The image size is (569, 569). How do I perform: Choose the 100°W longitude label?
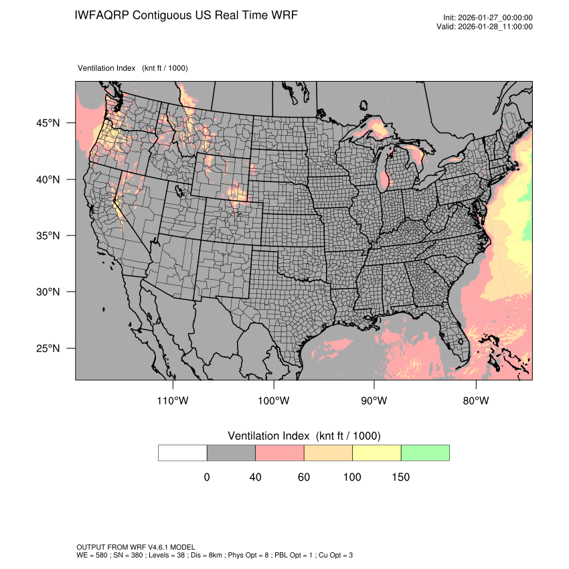coord(274,401)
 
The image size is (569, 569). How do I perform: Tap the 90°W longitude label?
coord(374,401)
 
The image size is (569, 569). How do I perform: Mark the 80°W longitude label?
coord(475,401)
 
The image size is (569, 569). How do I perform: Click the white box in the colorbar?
coord(183,453)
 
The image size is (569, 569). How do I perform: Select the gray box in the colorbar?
coord(231,453)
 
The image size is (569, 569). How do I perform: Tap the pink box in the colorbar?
coord(280,453)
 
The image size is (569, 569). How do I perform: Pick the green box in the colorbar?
coord(425,453)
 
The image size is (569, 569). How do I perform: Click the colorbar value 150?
coord(400,477)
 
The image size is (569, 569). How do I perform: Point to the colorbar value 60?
coord(304,477)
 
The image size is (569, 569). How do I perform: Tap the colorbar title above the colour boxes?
coord(304,436)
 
